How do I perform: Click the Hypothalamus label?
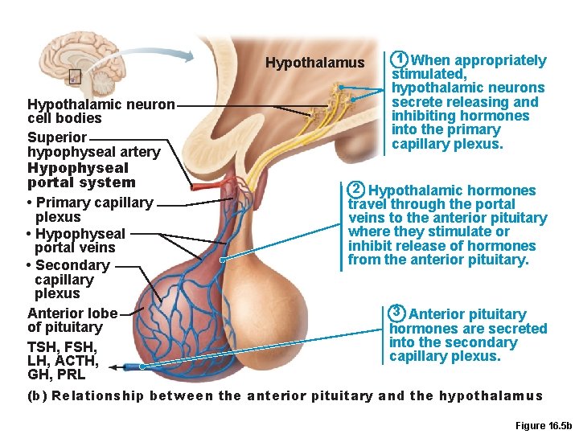(x=314, y=63)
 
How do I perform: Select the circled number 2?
(x=356, y=190)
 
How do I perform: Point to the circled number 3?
(x=397, y=313)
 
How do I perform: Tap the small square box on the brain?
(x=75, y=77)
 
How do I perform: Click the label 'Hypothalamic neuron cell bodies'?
(x=100, y=111)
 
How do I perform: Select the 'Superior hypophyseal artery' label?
(x=93, y=145)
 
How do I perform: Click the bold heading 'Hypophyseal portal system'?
(x=81, y=175)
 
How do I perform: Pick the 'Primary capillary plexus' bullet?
(x=89, y=210)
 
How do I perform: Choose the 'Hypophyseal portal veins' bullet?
(x=76, y=240)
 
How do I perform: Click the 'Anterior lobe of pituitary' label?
(x=72, y=320)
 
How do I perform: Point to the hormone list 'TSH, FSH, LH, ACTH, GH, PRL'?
(x=63, y=360)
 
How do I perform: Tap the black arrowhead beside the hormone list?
(x=113, y=367)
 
